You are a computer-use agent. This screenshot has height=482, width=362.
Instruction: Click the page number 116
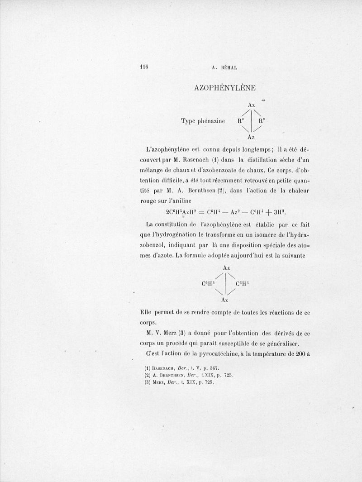[144, 66]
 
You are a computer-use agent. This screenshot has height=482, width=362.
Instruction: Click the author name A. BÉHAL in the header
[224, 68]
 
